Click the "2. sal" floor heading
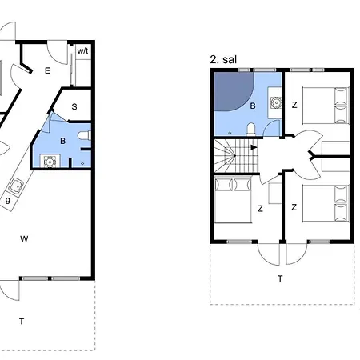pyautogui.click(x=223, y=59)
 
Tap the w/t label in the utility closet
pyautogui.click(x=82, y=50)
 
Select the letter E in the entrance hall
pyautogui.click(x=47, y=70)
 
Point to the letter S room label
pyautogui.click(x=74, y=107)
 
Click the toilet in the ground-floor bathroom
pyautogui.click(x=85, y=136)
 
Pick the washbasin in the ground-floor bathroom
pyautogui.click(x=50, y=161)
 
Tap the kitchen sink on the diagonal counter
pyautogui.click(x=16, y=186)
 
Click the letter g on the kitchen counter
pyautogui.click(x=8, y=200)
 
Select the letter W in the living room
pyautogui.click(x=24, y=238)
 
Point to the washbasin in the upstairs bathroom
pyautogui.click(x=276, y=102)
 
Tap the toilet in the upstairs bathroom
pyautogui.click(x=251, y=129)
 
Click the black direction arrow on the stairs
pyautogui.click(x=254, y=147)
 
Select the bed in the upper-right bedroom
pyautogui.click(x=326, y=106)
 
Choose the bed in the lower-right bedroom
pyautogui.click(x=326, y=203)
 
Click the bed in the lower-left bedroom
pyautogui.click(x=233, y=201)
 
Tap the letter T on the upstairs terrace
pyautogui.click(x=280, y=278)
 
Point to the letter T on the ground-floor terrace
pyautogui.click(x=22, y=322)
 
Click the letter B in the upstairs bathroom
pyautogui.click(x=253, y=106)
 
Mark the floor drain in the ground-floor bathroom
pyautogui.click(x=82, y=163)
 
